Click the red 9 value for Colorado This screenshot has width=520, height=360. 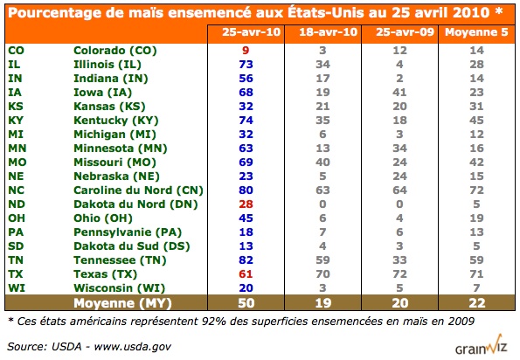pyautogui.click(x=246, y=51)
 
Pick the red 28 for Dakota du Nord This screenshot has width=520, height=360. pyautogui.click(x=246, y=204)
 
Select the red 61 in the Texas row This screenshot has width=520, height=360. pyautogui.click(x=246, y=274)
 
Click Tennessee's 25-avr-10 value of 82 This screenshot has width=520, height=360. pyautogui.click(x=246, y=260)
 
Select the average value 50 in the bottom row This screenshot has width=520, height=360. pyautogui.click(x=246, y=304)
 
